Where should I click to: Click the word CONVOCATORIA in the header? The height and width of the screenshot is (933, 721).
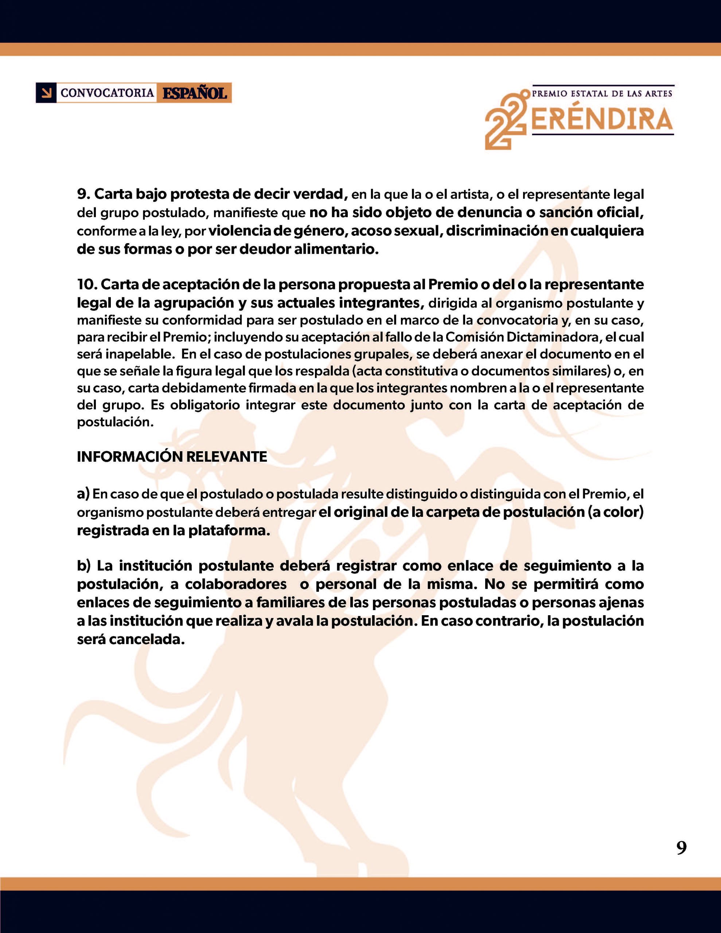tap(107, 93)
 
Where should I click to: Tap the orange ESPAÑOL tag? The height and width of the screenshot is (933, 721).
tap(194, 93)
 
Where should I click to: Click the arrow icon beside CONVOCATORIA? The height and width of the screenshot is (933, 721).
tap(46, 93)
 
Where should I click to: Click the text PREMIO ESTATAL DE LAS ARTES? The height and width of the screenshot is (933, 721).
tap(602, 93)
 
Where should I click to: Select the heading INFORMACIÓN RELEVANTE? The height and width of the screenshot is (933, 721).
tap(172, 457)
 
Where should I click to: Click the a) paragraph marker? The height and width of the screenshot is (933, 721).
tap(83, 494)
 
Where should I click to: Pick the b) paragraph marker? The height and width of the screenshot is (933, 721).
tap(84, 566)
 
